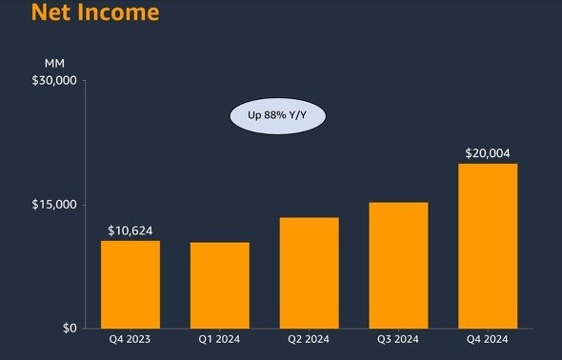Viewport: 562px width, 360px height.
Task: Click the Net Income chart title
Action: (x=95, y=11)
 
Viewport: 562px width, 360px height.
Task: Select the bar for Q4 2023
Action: (x=130, y=285)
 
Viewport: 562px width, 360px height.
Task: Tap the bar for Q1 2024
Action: (x=220, y=286)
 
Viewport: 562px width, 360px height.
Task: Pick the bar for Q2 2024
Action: (x=309, y=273)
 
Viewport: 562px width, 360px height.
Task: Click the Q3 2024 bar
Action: (x=398, y=266)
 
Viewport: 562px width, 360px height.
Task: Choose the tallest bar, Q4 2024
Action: (x=488, y=246)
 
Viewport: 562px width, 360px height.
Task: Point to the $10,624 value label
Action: (x=130, y=230)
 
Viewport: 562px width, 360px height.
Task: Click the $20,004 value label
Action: (x=488, y=153)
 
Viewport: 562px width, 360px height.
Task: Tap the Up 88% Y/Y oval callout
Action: (x=278, y=115)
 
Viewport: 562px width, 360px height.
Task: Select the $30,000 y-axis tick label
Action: (x=54, y=80)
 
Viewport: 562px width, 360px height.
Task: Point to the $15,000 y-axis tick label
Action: (x=54, y=205)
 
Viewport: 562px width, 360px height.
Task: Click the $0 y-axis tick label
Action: (x=70, y=329)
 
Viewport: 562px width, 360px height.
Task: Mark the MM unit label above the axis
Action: (x=54, y=64)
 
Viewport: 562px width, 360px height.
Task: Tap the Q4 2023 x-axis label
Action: (x=130, y=339)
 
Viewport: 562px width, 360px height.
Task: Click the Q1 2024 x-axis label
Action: (x=219, y=339)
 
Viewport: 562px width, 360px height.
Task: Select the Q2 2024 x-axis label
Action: (x=309, y=339)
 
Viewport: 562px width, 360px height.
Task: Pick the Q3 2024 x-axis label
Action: (x=398, y=339)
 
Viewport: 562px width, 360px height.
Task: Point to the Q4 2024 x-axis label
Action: (x=487, y=339)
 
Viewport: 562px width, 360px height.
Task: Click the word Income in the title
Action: (x=118, y=11)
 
